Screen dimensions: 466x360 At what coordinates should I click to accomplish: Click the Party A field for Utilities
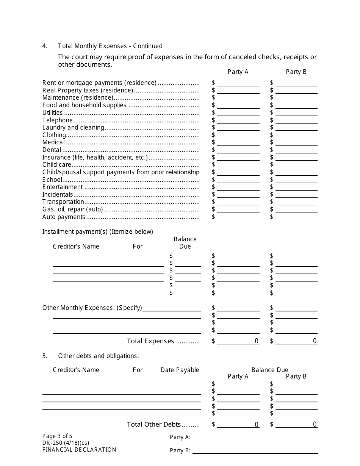click(x=238, y=113)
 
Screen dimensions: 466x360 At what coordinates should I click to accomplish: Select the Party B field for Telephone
click(x=296, y=120)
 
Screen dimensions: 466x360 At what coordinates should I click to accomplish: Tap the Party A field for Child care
click(x=238, y=164)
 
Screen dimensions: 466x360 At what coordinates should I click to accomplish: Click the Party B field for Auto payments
click(x=296, y=216)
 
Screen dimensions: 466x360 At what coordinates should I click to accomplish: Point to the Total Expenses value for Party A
click(x=238, y=341)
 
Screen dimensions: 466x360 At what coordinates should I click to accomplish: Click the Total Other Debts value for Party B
click(x=296, y=424)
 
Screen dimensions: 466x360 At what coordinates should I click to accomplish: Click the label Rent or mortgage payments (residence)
click(x=99, y=83)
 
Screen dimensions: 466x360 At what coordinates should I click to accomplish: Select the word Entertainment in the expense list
click(x=63, y=187)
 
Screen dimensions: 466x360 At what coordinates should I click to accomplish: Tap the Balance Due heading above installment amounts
click(x=185, y=242)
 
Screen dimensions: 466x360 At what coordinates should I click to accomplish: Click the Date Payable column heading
click(x=180, y=370)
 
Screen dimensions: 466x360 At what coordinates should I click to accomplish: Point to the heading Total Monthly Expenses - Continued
click(x=110, y=46)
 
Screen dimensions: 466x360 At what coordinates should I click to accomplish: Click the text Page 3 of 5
click(x=57, y=436)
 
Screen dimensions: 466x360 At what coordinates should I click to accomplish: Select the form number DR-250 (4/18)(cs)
click(x=66, y=443)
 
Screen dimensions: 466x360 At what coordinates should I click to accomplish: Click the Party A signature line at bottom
click(x=255, y=437)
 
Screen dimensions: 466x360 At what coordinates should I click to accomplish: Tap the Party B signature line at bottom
click(x=255, y=450)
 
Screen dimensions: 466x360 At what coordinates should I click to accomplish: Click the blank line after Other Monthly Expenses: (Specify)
click(x=172, y=308)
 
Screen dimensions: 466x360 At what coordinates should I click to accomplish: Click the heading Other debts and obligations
click(x=99, y=356)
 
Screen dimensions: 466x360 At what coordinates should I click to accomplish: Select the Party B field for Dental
click(x=296, y=150)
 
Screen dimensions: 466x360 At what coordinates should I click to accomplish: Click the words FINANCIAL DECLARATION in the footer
click(x=79, y=450)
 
